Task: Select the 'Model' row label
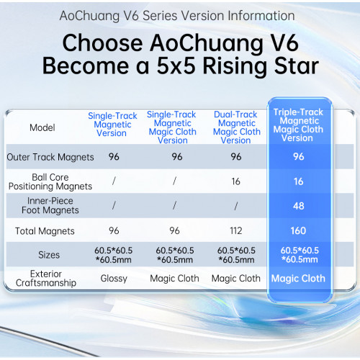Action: point(42,127)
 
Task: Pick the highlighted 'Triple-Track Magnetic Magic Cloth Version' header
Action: point(297,124)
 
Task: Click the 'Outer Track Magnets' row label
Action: point(42,156)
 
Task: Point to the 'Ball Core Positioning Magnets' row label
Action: point(42,182)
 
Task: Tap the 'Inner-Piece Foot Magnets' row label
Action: point(42,206)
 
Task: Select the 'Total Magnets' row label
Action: point(42,231)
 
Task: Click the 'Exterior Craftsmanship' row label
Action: point(42,278)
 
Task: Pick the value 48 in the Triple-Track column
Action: point(297,206)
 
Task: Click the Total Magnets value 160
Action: point(297,231)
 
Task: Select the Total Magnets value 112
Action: point(237,231)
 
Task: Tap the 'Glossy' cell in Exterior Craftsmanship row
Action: point(113,278)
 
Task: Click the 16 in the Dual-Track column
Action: point(237,182)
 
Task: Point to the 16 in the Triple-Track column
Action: point(297,182)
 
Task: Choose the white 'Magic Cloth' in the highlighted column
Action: point(297,278)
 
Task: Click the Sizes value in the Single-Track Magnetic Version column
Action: point(113,254)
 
